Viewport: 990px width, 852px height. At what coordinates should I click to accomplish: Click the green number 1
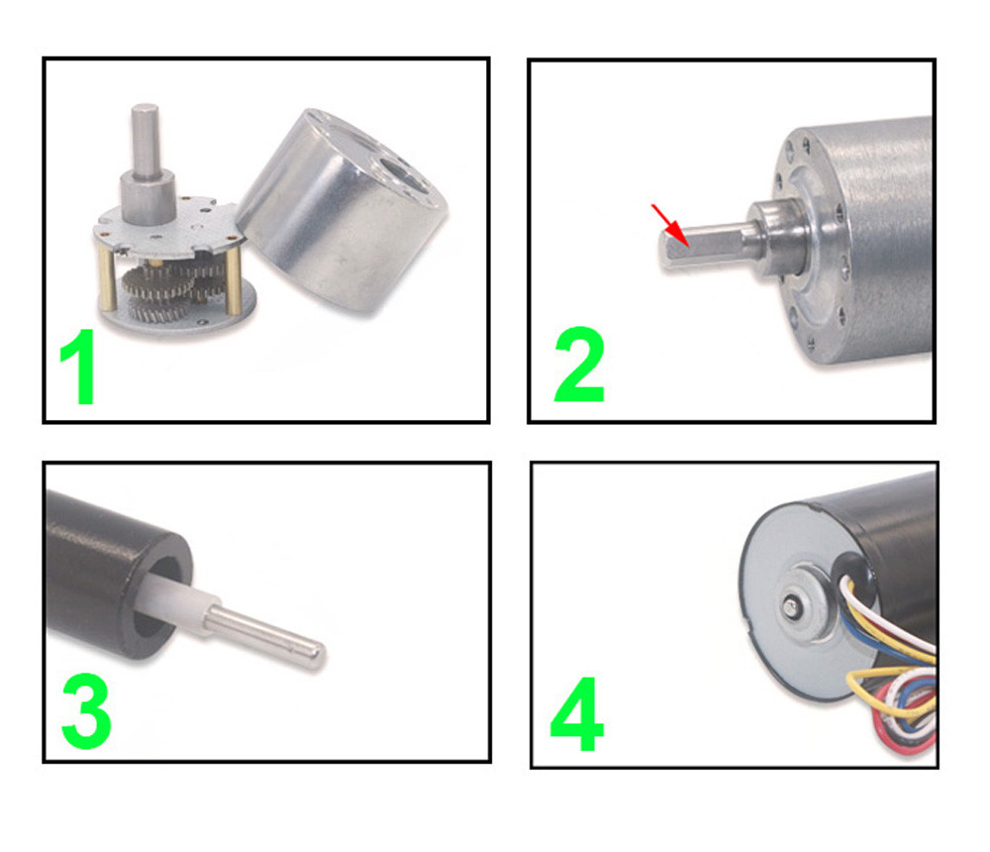pyautogui.click(x=79, y=367)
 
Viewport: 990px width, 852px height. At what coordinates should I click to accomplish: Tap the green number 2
pyautogui.click(x=579, y=365)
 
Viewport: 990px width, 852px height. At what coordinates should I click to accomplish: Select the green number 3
pyautogui.click(x=86, y=711)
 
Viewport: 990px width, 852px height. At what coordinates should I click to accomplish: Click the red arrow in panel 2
pyautogui.click(x=670, y=224)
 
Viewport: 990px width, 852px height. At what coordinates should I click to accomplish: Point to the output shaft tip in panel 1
pyautogui.click(x=145, y=109)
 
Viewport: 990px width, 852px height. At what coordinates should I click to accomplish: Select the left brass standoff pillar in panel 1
pyautogui.click(x=107, y=278)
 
